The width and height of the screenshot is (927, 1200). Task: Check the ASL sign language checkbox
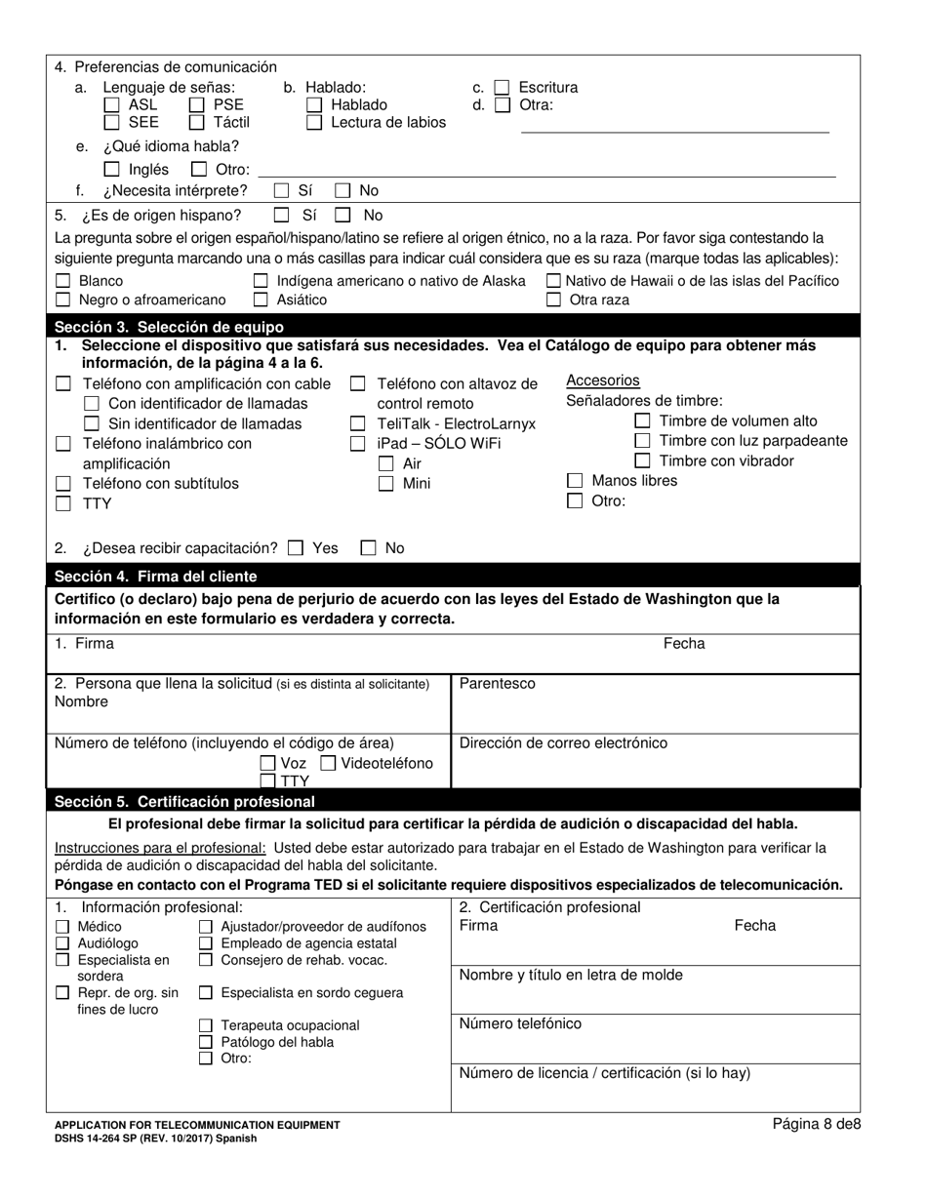[x=111, y=105]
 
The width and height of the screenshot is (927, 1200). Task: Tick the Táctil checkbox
[x=196, y=123]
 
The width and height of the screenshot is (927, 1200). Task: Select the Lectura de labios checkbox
[x=314, y=123]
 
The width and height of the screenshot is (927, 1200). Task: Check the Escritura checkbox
[x=502, y=88]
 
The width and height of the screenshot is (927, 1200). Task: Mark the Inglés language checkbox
[x=111, y=170]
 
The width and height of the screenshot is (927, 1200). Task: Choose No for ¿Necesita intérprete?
[x=343, y=191]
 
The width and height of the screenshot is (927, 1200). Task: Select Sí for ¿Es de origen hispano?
[x=282, y=215]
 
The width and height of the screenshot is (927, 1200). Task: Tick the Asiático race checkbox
[x=261, y=300]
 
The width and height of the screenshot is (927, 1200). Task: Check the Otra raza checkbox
[x=553, y=300]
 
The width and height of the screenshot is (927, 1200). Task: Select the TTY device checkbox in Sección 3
[x=63, y=504]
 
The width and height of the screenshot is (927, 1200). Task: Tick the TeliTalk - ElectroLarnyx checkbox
[x=358, y=424]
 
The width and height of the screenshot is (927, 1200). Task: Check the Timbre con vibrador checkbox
[x=642, y=461]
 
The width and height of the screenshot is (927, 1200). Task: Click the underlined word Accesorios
[x=603, y=381]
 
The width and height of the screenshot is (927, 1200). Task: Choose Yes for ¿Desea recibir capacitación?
[x=296, y=548]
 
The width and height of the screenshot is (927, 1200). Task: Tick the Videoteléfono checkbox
[x=329, y=764]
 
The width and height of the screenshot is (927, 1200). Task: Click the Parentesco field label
[x=498, y=684]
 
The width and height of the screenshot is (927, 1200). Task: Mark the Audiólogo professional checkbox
[x=63, y=944]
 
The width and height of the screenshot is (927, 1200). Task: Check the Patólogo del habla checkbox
[x=206, y=1042]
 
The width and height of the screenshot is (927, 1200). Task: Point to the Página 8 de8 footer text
[x=817, y=1124]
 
